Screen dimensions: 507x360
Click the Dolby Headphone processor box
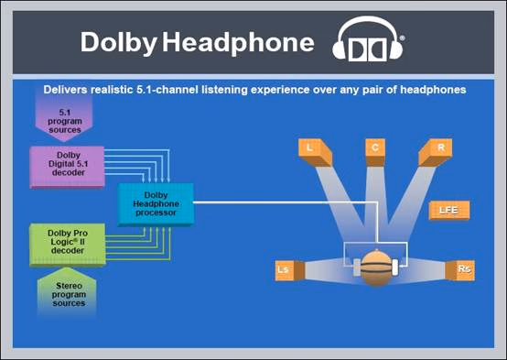click(156, 204)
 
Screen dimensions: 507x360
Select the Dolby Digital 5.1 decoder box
click(67, 167)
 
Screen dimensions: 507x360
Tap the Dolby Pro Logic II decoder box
click(68, 245)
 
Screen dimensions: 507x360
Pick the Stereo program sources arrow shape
click(67, 292)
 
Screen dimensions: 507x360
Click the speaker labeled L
click(315, 151)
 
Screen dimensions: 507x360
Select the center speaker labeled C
click(375, 151)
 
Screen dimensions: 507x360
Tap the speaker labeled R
click(436, 151)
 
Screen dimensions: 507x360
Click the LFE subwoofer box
click(448, 210)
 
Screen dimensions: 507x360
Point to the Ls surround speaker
click(290, 270)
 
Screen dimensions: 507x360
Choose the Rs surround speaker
click(459, 270)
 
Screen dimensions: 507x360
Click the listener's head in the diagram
click(376, 268)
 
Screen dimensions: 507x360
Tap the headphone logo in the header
click(368, 38)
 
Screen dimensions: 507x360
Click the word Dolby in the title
click(119, 42)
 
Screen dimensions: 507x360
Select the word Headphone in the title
click(238, 42)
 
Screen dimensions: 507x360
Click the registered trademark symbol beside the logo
click(402, 38)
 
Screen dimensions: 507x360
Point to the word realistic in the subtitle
click(112, 90)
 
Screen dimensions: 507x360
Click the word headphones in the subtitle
click(433, 90)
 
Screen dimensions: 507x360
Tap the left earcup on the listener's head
click(356, 267)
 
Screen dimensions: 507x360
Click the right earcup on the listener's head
click(395, 267)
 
